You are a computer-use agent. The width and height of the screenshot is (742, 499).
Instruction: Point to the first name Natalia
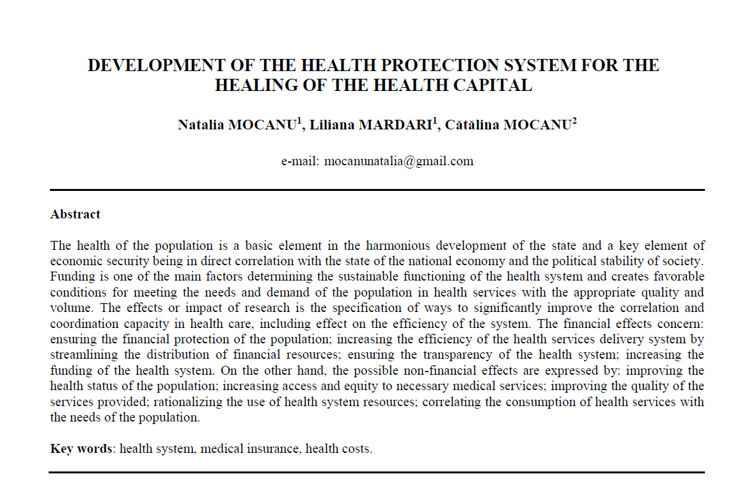[201, 125]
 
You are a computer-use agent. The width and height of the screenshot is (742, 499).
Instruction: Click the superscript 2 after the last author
[574, 120]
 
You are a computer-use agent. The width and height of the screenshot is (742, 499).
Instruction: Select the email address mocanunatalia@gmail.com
[399, 161]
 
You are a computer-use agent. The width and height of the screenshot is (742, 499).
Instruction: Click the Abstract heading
[75, 215]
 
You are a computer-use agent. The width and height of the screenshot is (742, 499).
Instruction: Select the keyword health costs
[338, 448]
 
